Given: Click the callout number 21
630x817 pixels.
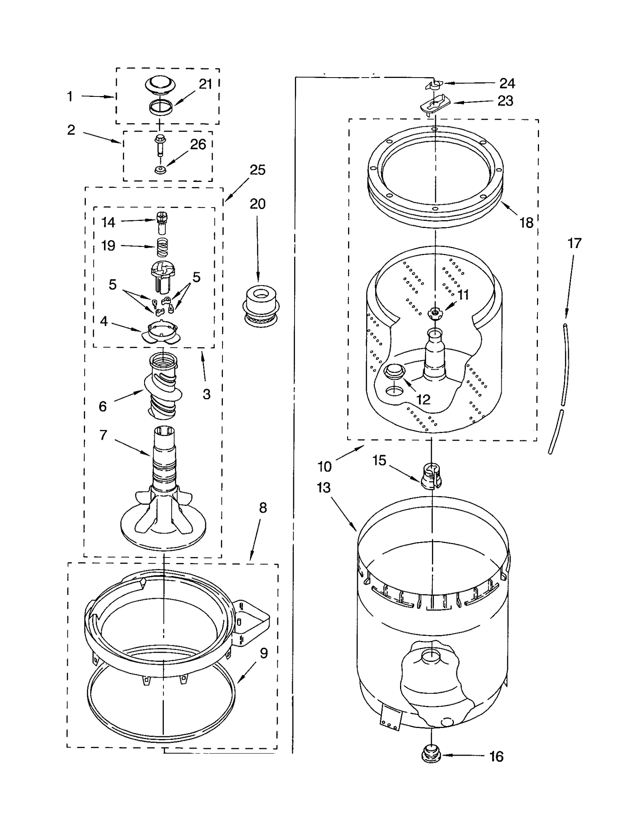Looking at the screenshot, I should click(x=205, y=84).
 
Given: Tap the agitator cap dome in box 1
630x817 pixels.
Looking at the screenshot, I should click(x=160, y=85).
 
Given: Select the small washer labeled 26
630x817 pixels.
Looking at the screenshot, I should click(x=159, y=170).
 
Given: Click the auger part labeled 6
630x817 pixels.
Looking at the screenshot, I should click(x=163, y=385).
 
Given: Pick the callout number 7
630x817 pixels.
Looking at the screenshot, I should click(x=103, y=435).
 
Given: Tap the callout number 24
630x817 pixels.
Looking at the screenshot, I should click(x=507, y=83).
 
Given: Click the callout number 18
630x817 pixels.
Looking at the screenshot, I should click(x=526, y=223).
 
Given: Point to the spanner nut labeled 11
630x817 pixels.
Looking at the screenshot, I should click(x=434, y=313).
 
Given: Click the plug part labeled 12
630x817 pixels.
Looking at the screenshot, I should click(x=394, y=371).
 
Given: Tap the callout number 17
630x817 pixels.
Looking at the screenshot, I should click(x=574, y=243).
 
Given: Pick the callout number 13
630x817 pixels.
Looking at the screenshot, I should click(x=324, y=488).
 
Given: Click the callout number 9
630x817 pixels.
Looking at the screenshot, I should click(x=263, y=653).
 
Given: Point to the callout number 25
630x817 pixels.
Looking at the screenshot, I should click(x=258, y=170).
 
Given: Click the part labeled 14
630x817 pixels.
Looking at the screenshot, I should click(x=160, y=222).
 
